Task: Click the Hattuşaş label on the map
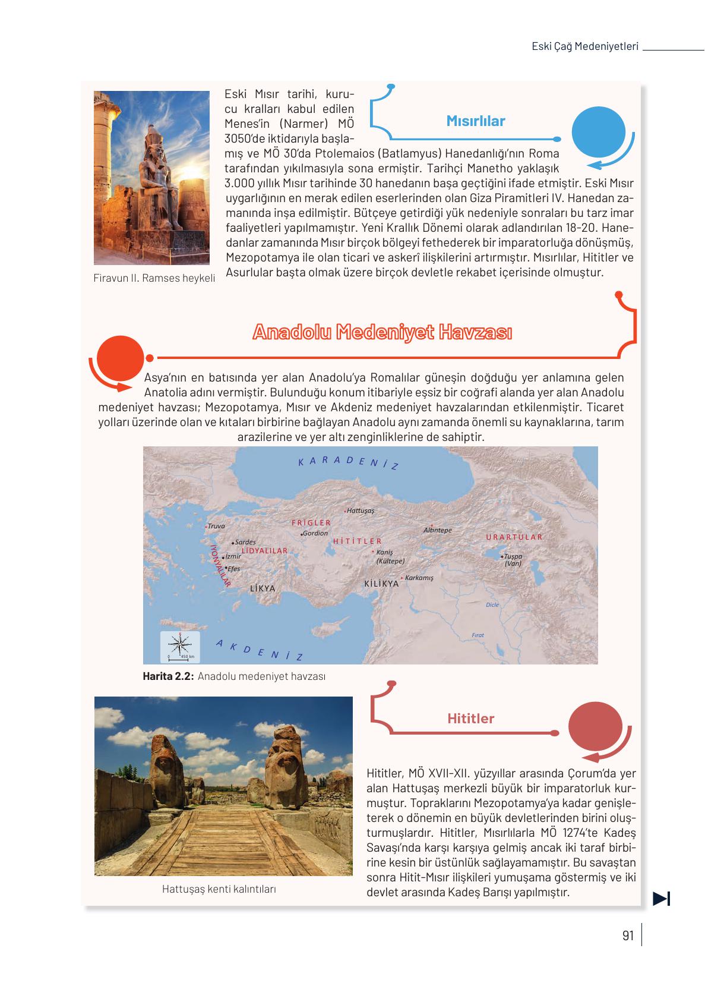[x=361, y=511]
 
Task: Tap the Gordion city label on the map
[x=315, y=533]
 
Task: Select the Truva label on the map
[x=216, y=526]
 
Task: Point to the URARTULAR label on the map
[x=514, y=537]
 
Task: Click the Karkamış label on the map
[x=419, y=578]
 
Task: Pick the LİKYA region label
[x=263, y=588]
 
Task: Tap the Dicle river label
[x=492, y=604]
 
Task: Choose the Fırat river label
[x=478, y=635]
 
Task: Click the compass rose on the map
[x=181, y=644]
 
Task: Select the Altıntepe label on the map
[x=438, y=530]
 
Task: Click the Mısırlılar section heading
[x=475, y=121]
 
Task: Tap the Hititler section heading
[x=470, y=719]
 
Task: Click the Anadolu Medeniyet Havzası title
[x=382, y=332]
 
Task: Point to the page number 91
[x=628, y=935]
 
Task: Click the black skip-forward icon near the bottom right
[x=661, y=899]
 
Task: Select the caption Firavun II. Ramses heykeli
[x=154, y=278]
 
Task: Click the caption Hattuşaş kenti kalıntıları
[x=219, y=889]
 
